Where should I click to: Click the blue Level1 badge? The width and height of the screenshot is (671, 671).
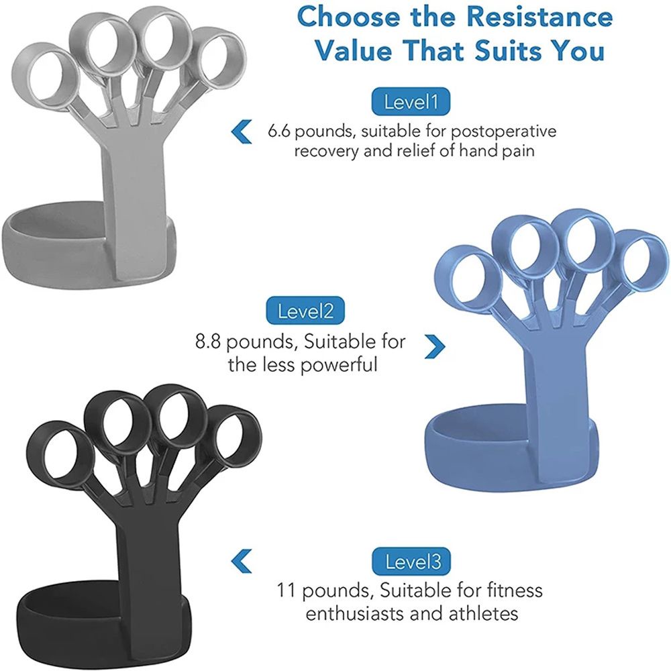pos(411,103)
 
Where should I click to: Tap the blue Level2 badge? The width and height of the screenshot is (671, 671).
pos(305,311)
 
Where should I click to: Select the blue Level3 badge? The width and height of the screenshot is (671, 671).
pos(413,561)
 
